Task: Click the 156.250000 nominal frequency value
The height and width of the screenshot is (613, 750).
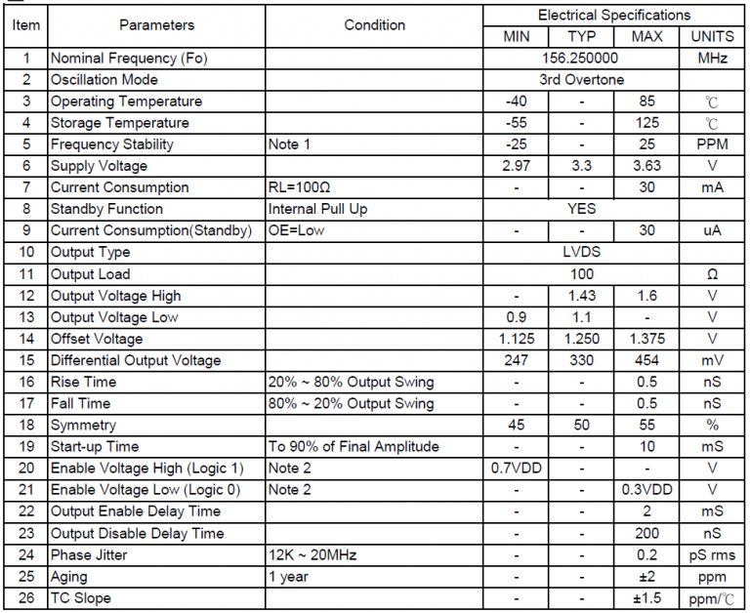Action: pos(581,59)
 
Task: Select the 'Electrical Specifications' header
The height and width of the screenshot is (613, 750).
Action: pos(614,16)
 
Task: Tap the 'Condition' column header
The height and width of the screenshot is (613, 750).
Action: pos(374,25)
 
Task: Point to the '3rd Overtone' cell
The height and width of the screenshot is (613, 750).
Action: pos(581,80)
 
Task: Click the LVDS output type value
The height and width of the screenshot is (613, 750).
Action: pos(582,252)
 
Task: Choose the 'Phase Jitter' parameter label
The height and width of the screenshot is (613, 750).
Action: pos(89,554)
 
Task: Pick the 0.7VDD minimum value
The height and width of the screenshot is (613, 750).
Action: pos(517,468)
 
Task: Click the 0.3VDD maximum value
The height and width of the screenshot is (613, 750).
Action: pos(646,489)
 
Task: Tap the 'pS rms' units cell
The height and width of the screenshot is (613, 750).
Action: pos(712,554)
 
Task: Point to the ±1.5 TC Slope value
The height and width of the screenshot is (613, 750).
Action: pos(646,597)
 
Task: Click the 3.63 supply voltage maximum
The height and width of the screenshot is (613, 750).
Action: pos(646,166)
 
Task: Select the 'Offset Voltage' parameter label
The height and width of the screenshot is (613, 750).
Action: pos(97,339)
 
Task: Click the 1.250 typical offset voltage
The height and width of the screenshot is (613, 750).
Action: pos(582,339)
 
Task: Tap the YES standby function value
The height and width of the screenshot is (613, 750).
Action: pos(581,209)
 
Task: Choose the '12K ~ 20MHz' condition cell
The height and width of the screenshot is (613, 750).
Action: pos(312,554)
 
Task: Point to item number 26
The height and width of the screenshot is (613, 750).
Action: pos(25,597)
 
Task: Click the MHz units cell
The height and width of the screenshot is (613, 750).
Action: pos(712,59)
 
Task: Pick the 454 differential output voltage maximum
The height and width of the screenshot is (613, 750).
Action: pos(646,360)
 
